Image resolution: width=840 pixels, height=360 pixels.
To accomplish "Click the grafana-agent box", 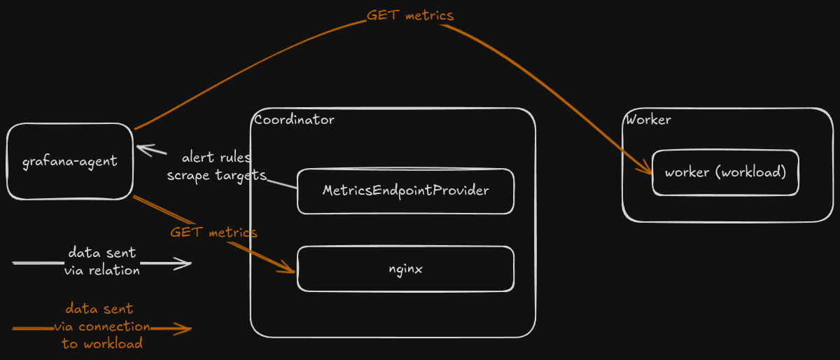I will click(x=69, y=162).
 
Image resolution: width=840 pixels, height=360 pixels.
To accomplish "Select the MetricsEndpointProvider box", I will click(x=405, y=191).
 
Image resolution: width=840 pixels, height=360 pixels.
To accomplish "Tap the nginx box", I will click(x=405, y=268).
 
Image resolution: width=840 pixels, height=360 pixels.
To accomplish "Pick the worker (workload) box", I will click(x=725, y=172).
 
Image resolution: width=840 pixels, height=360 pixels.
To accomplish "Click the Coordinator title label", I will click(x=295, y=120).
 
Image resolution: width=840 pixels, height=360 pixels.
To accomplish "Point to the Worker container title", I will click(x=648, y=120).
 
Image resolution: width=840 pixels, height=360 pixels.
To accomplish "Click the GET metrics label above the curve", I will click(x=410, y=15).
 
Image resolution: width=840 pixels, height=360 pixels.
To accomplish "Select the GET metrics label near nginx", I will click(x=213, y=233).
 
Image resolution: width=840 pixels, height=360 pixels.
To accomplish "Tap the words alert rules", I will click(x=216, y=158).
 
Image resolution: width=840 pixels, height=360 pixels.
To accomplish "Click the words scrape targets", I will click(x=216, y=175).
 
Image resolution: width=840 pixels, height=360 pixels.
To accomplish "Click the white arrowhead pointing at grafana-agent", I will click(x=143, y=149).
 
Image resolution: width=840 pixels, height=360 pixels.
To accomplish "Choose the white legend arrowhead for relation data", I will click(x=184, y=263).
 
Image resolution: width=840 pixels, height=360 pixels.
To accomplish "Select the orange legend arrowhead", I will click(x=184, y=328).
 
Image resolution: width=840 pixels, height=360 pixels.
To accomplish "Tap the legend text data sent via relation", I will click(x=102, y=261).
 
